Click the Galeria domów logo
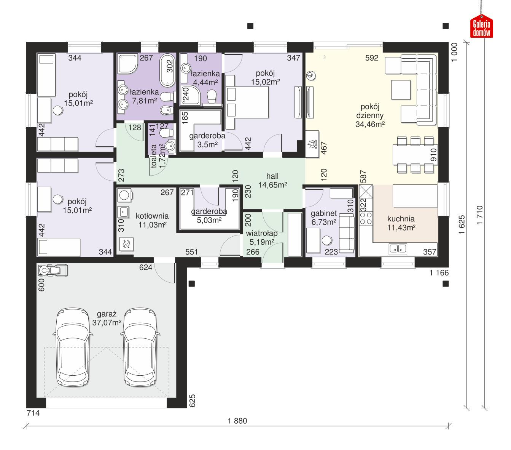pyautogui.click(x=482, y=27)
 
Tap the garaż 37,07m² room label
pyautogui.click(x=107, y=318)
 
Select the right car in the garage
pyautogui.click(x=140, y=347)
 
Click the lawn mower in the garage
pyautogui.click(x=53, y=270)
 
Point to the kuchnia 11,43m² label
pyautogui.click(x=401, y=223)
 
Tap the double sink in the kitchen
pyautogui.click(x=398, y=249)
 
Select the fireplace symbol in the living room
pyautogui.click(x=314, y=144)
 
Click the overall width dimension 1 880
pyautogui.click(x=237, y=421)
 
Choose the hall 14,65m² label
pyautogui.click(x=272, y=180)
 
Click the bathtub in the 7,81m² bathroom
pyautogui.click(x=167, y=70)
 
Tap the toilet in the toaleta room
pyautogui.click(x=165, y=133)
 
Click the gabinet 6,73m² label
pyautogui.click(x=323, y=218)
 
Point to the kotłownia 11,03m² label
pyautogui.click(x=152, y=220)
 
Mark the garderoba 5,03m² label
pyautogui.click(x=209, y=216)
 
